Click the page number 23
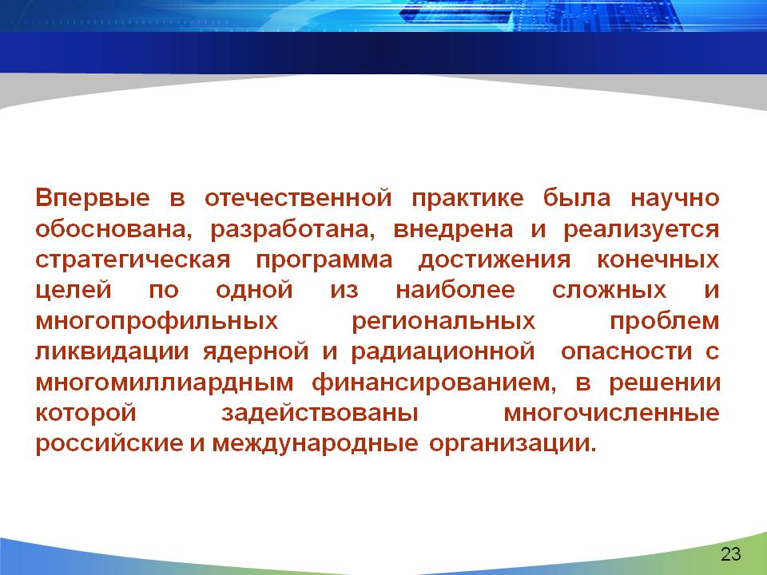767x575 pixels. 731,554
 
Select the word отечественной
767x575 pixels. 298,199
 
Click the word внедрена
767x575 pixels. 454,229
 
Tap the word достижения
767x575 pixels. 495,260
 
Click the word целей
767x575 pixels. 74,291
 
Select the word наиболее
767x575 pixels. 455,289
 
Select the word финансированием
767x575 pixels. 434,383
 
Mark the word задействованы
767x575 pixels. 320,413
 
